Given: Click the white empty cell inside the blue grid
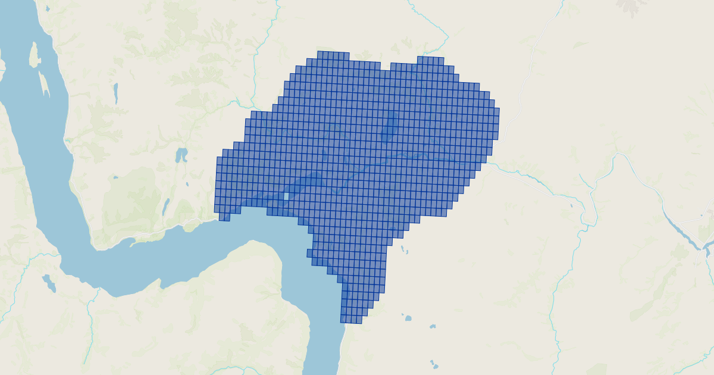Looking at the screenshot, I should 286,196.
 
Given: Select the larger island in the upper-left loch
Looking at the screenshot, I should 34,55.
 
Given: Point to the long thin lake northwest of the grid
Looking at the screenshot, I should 116,93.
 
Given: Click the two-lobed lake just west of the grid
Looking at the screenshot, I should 181,155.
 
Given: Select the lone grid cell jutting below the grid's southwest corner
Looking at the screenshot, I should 224,217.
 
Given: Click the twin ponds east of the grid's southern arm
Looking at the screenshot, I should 405,248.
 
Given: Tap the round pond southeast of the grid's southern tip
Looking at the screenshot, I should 408,318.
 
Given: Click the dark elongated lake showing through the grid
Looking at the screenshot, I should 390,126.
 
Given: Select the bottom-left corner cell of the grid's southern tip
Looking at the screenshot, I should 344,320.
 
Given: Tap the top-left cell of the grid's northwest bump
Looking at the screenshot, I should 321,55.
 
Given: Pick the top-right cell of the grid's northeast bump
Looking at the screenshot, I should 440,60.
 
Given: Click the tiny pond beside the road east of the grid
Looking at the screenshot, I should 571,206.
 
